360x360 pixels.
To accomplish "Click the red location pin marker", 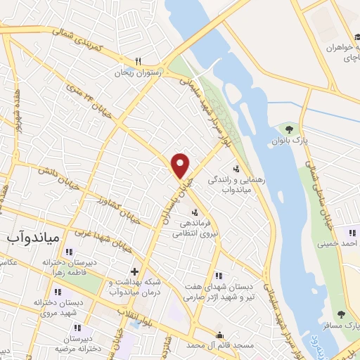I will tap(181, 166).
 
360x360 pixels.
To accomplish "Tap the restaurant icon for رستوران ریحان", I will tap(139, 61).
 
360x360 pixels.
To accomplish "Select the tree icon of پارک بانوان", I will tap(288, 129).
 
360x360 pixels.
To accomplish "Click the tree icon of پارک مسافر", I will tap(341, 314).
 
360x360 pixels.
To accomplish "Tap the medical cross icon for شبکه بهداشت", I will tap(134, 271).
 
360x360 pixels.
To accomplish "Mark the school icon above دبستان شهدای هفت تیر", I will tap(219, 275).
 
